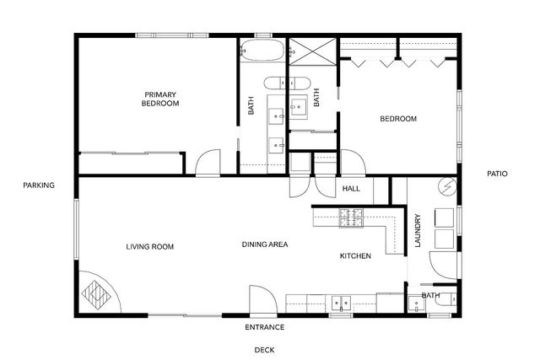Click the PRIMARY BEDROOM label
point(160,99)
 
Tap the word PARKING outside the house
point(39,185)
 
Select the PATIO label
point(498,174)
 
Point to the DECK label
point(265,349)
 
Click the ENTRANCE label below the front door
point(264,327)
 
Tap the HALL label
point(351,188)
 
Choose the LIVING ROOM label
point(149,247)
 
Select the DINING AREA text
point(265,244)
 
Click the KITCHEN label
point(355,255)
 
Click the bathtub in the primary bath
point(262,51)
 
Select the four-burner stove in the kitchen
point(350,218)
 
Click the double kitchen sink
point(341,301)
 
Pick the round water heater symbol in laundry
point(445,186)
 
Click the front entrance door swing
point(259,299)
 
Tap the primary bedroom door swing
point(207,163)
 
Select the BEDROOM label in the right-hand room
point(398,119)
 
